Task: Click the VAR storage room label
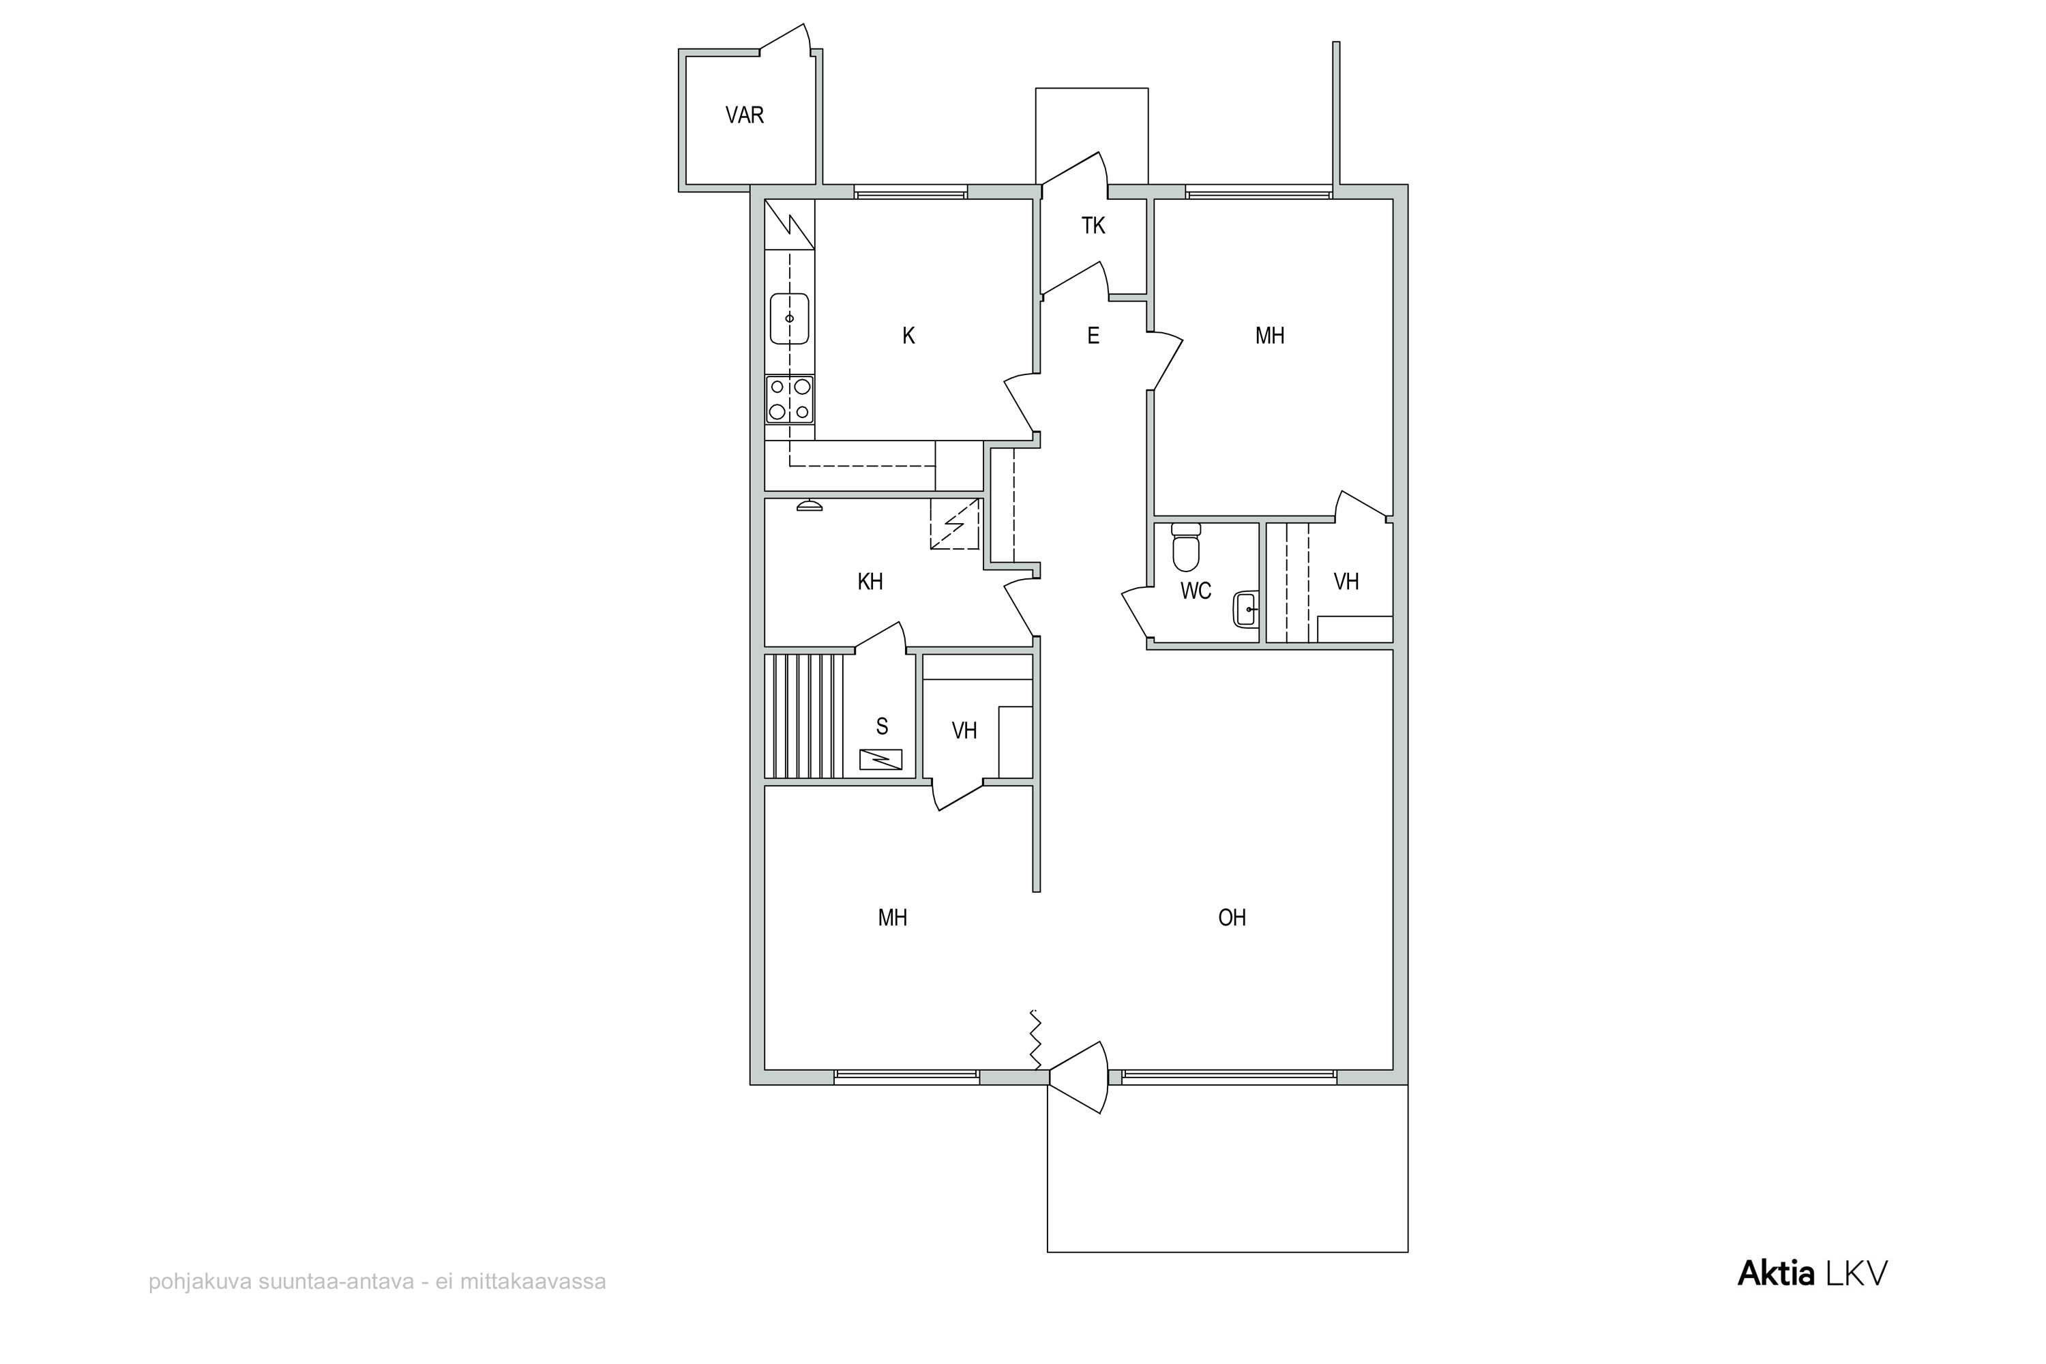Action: tap(745, 115)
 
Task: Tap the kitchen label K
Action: tap(908, 336)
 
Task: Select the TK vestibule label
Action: tap(1093, 226)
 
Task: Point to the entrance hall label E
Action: tap(1093, 336)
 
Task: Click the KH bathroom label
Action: tap(870, 582)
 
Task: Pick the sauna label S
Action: tap(882, 726)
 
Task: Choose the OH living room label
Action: tap(1232, 918)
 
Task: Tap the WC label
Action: tap(1196, 591)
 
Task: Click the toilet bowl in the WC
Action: tap(1186, 546)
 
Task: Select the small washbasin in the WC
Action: tap(1246, 609)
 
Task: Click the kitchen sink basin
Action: tap(789, 318)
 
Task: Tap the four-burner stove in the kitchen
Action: tap(789, 399)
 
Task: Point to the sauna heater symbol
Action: tap(880, 760)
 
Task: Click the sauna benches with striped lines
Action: tap(804, 716)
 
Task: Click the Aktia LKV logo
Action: tap(1812, 1273)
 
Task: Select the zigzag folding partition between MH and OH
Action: tap(1035, 1039)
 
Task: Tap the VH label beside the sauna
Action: tap(964, 730)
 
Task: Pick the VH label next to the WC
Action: tap(1346, 582)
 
